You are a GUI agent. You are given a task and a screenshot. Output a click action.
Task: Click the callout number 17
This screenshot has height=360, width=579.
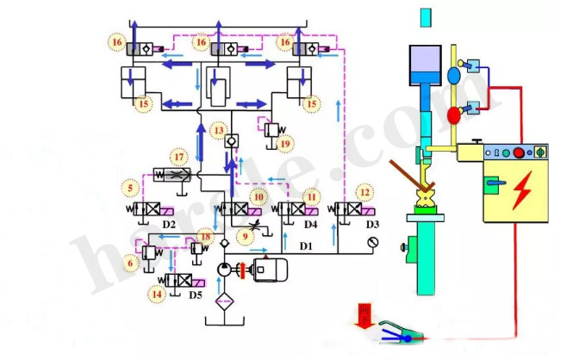pos(178,158)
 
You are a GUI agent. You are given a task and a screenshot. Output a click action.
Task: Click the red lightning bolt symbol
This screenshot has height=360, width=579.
pos(520,196)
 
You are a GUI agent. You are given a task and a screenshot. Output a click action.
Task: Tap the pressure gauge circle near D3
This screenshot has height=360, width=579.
pos(372,242)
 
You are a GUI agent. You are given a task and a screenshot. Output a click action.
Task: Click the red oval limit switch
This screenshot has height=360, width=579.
pos(454,115)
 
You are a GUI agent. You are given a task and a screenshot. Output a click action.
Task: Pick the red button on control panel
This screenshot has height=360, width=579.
pos(519,153)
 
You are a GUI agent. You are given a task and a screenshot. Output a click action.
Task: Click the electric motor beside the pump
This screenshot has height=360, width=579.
pos(271,270)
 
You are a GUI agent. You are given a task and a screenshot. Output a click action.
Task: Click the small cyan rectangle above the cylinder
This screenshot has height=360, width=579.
pos(425,16)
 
